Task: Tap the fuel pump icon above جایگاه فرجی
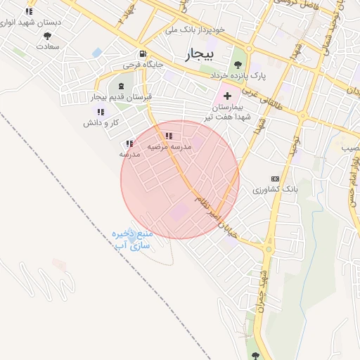[143, 53]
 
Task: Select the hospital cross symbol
[226, 95]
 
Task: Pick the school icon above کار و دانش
[100, 112]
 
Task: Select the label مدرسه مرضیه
[169, 147]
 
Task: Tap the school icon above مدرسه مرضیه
[168, 136]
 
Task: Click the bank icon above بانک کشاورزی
[274, 179]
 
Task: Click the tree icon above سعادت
[47, 35]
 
